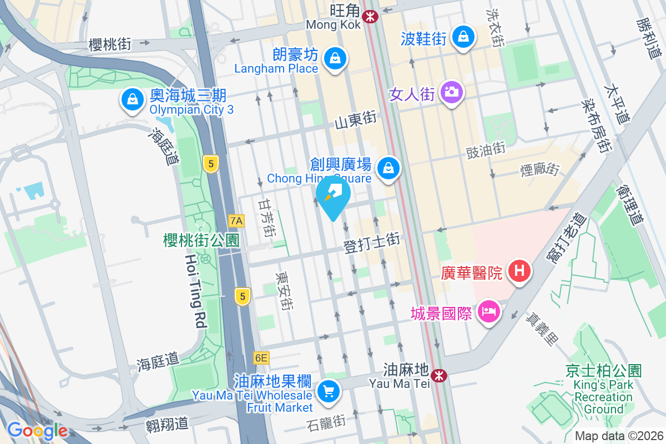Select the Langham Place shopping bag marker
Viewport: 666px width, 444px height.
click(x=336, y=58)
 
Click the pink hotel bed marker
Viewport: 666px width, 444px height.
click(x=488, y=310)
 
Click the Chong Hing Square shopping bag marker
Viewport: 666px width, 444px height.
click(x=389, y=167)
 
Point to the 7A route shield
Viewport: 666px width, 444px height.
click(x=236, y=221)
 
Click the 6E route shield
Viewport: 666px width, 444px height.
click(x=261, y=358)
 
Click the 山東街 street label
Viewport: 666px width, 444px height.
click(x=356, y=119)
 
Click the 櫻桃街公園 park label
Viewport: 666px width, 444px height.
click(x=201, y=240)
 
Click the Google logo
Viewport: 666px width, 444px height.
click(x=37, y=431)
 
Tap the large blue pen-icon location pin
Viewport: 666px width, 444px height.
click(x=333, y=196)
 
